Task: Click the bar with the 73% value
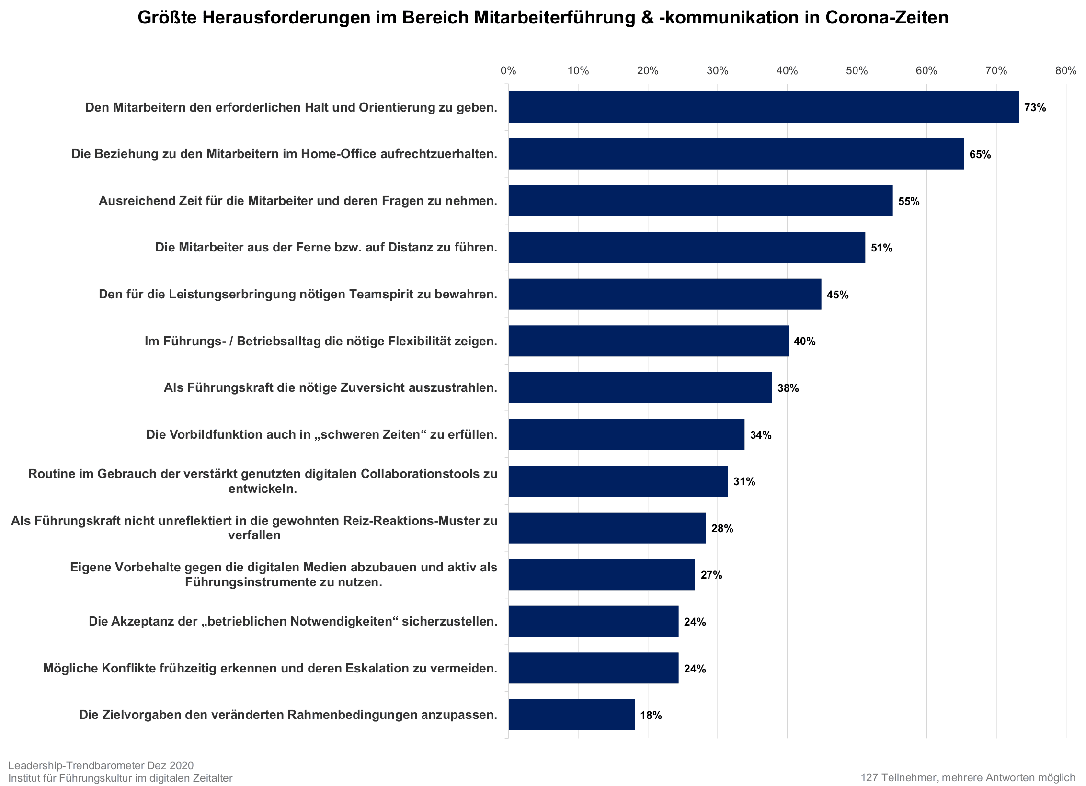pyautogui.click(x=763, y=107)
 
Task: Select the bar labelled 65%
pyautogui.click(x=736, y=154)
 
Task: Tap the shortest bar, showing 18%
pyautogui.click(x=572, y=715)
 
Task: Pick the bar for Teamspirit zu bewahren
pyautogui.click(x=664, y=294)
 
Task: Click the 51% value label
pyautogui.click(x=881, y=248)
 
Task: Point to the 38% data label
pyautogui.click(x=788, y=388)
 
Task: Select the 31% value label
pyautogui.click(x=744, y=481)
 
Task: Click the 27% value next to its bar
pyautogui.click(x=711, y=575)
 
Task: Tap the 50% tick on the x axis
pyautogui.click(x=857, y=71)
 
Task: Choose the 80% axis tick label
pyautogui.click(x=1065, y=71)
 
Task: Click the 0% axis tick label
pyautogui.click(x=508, y=71)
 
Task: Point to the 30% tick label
pyautogui.click(x=717, y=71)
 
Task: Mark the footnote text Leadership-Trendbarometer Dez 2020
pyautogui.click(x=101, y=765)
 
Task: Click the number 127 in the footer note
pyautogui.click(x=869, y=777)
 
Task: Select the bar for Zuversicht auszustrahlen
pyautogui.click(x=640, y=387)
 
